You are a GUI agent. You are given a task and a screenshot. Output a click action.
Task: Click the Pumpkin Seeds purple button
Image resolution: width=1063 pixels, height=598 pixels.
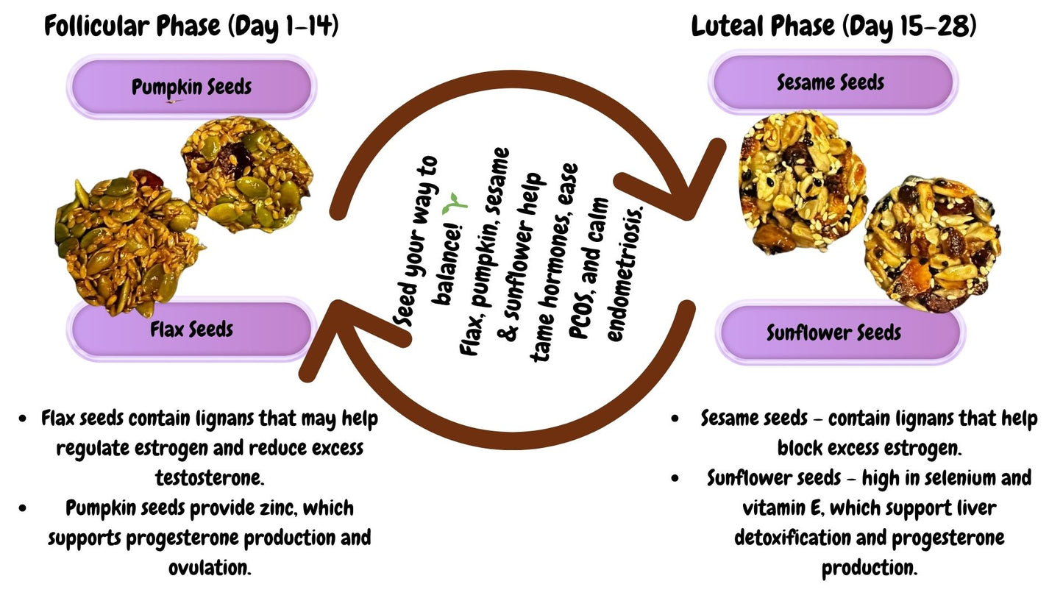(191, 87)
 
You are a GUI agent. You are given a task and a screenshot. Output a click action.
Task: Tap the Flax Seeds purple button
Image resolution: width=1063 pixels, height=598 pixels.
(191, 330)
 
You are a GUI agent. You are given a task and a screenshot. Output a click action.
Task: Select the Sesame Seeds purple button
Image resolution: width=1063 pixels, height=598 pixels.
(831, 82)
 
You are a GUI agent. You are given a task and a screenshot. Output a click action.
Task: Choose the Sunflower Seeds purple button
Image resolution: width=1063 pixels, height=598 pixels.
(834, 332)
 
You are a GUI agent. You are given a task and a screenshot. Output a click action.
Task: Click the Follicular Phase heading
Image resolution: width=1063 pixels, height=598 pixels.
(191, 26)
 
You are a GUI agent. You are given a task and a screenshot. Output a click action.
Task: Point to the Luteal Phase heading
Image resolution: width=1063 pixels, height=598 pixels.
(833, 26)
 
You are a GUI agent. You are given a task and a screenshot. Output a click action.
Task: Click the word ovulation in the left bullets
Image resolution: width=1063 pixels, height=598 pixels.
(210, 567)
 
